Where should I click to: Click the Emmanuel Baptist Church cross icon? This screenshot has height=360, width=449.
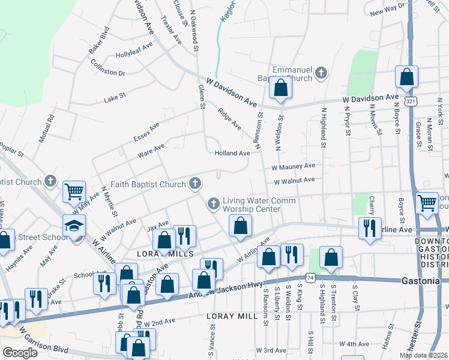pyautogui.click(x=321, y=73)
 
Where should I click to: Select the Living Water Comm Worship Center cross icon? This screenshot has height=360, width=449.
pyautogui.click(x=212, y=205)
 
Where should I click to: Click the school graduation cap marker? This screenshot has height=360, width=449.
pyautogui.click(x=75, y=226)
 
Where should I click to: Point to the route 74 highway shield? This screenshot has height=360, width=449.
pyautogui.click(x=310, y=278)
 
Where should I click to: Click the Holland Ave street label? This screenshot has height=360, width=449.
pyautogui.click(x=232, y=153)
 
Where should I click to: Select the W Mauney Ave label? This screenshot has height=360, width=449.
pyautogui.click(x=293, y=166)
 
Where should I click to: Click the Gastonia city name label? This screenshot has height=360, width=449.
pyautogui.click(x=421, y=280)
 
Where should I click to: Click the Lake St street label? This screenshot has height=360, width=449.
pyautogui.click(x=115, y=96)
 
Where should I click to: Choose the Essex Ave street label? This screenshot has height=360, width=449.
pyautogui.click(x=146, y=133)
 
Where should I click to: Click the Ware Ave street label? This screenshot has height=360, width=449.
pyautogui.click(x=151, y=150)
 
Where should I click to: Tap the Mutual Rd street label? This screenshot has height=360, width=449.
pyautogui.click(x=47, y=128)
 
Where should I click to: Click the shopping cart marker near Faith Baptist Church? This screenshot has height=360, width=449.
pyautogui.click(x=74, y=192)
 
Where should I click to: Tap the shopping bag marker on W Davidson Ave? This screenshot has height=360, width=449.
pyautogui.click(x=280, y=88)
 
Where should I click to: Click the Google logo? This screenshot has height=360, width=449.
pyautogui.click(x=19, y=353)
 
